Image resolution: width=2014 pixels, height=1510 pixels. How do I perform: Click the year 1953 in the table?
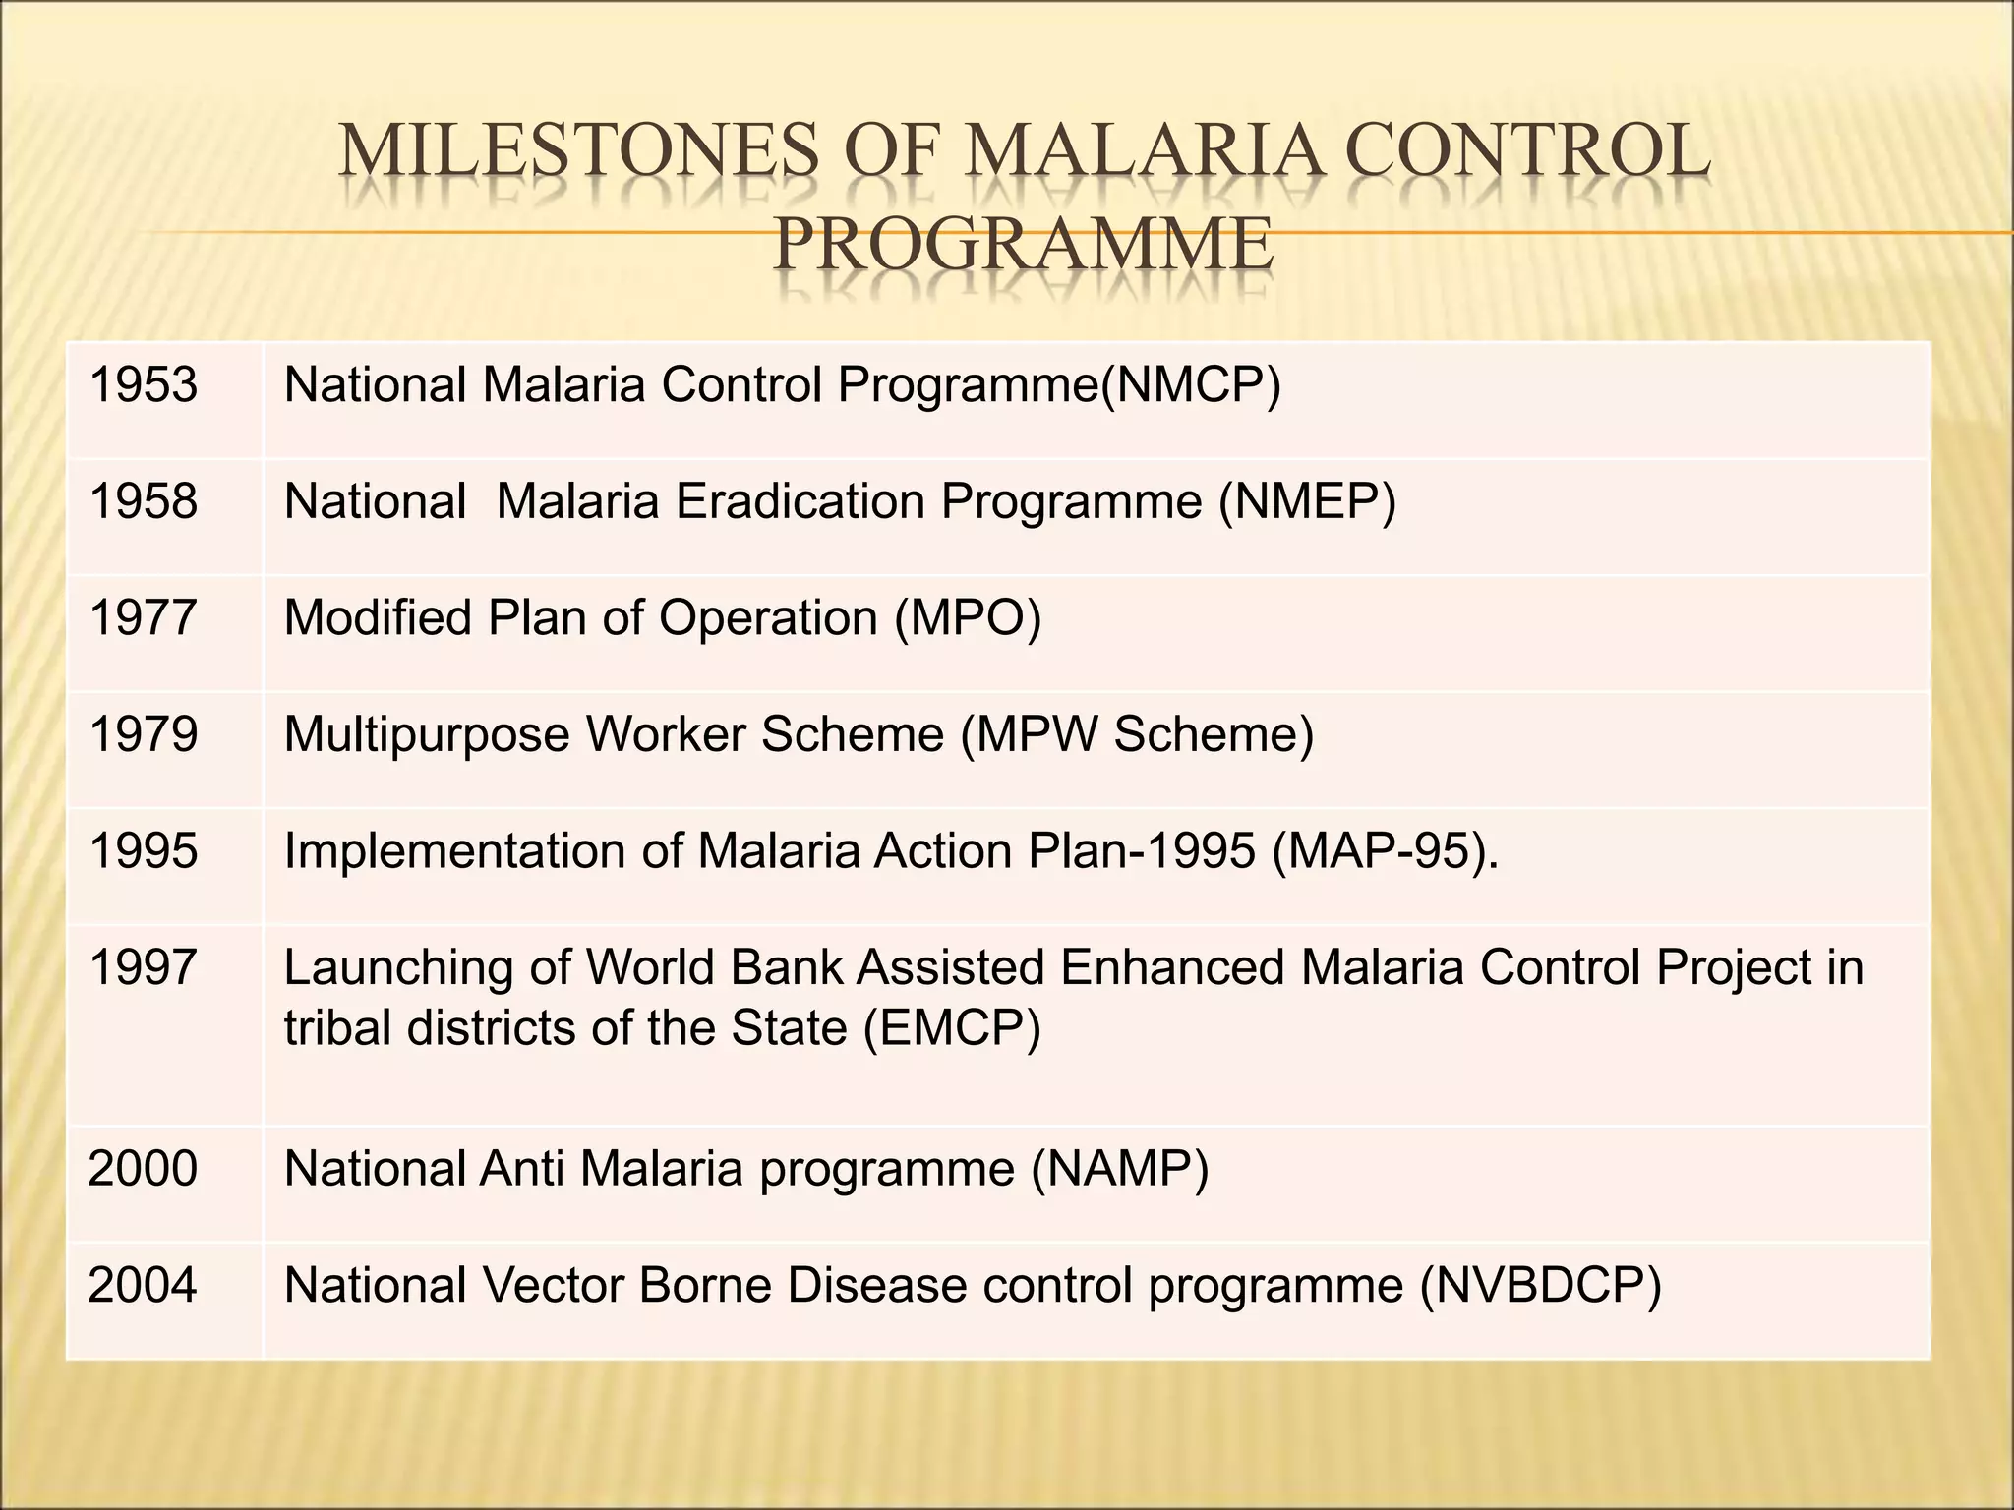[x=143, y=385]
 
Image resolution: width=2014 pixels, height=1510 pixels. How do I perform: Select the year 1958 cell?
[x=143, y=502]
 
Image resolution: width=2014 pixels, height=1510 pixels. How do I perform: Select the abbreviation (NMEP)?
[x=1307, y=502]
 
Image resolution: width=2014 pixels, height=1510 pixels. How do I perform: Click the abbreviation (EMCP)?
[x=951, y=1029]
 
